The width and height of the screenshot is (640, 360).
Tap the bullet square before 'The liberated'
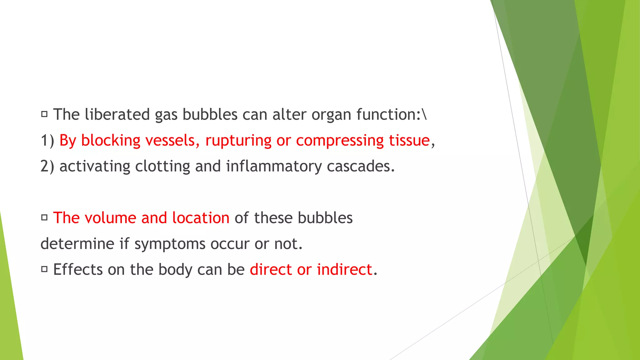tap(44, 114)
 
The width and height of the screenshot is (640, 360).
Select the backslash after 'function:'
tap(424, 114)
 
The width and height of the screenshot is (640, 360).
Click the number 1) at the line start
tap(47, 141)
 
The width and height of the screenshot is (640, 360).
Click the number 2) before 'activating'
tap(47, 166)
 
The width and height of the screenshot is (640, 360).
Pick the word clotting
tap(162, 166)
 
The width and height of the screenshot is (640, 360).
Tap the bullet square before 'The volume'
tap(44, 217)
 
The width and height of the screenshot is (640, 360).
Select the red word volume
tap(110, 218)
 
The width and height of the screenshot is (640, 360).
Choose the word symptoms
tap(170, 244)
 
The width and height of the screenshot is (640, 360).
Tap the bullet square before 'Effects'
tap(44, 269)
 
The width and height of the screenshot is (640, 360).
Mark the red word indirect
tap(344, 269)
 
